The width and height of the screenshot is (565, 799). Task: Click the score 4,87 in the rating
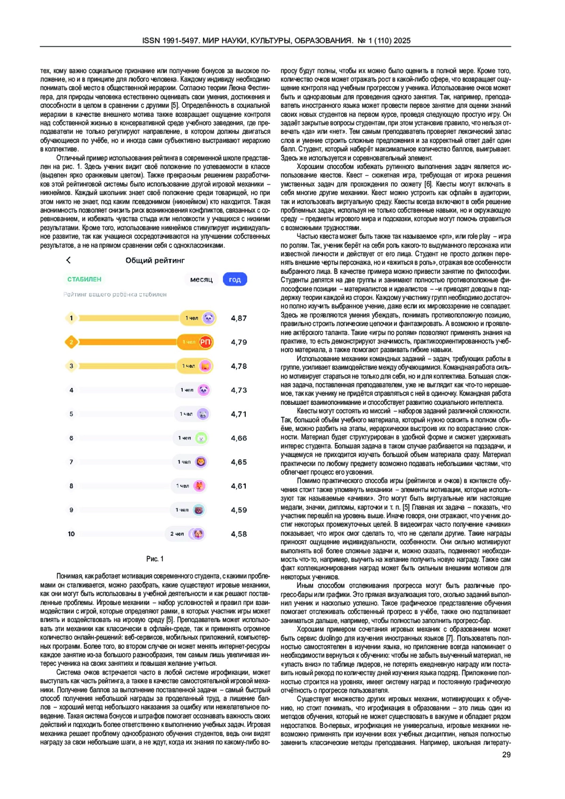point(239,318)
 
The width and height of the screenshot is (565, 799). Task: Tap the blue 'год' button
point(235,280)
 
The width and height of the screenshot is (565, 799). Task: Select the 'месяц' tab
point(202,280)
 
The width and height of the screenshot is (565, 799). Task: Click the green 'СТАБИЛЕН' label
point(84,279)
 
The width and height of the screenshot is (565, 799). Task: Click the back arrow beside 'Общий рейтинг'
point(69,260)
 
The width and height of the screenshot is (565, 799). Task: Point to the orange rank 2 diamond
point(71,342)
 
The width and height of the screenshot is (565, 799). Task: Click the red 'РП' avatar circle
point(205,342)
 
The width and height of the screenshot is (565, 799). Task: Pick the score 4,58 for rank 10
point(239,534)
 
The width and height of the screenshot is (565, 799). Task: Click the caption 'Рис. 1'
point(155,559)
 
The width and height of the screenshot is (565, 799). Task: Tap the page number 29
point(506,755)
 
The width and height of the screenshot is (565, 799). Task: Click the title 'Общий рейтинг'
point(155,260)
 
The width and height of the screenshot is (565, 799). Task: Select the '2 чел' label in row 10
point(177,534)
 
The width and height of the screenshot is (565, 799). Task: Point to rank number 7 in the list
point(72,462)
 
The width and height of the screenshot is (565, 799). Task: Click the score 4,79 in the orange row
point(239,342)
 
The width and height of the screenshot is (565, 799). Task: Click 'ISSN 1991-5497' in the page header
point(171,40)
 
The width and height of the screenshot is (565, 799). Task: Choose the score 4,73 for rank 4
point(239,390)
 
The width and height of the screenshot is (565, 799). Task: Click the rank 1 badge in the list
point(72,318)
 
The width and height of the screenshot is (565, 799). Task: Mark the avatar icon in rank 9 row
point(199,510)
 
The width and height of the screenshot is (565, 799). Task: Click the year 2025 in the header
point(402,40)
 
